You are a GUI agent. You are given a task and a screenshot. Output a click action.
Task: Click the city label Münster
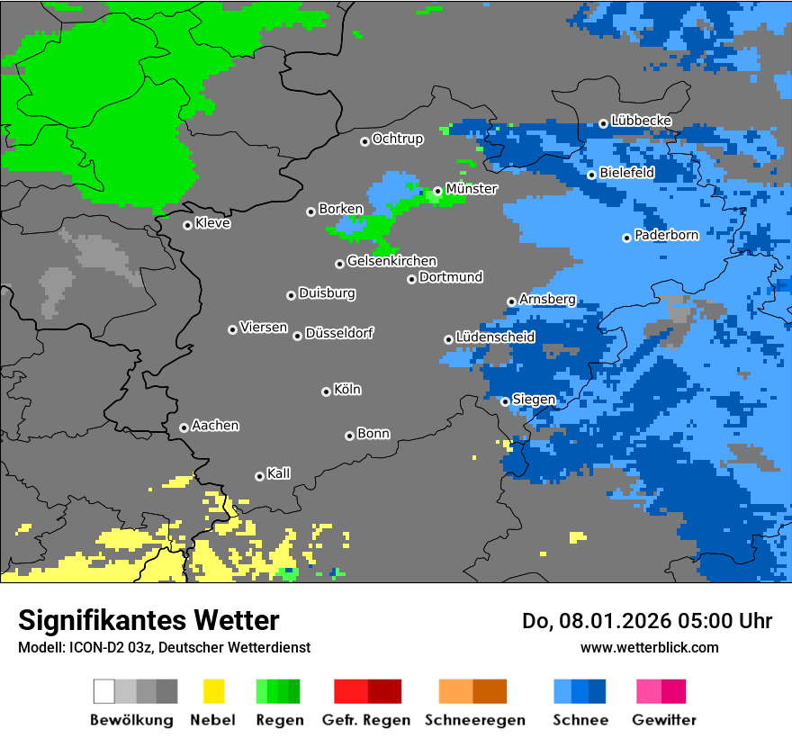(x=472, y=189)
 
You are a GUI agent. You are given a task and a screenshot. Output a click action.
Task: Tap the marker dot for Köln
(x=326, y=391)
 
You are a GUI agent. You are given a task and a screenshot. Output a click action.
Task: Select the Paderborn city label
(x=667, y=236)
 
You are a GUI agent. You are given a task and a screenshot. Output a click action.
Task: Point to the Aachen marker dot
(x=184, y=427)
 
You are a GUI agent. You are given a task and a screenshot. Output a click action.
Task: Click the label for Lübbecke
(x=642, y=121)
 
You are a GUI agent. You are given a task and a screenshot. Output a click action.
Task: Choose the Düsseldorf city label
(x=339, y=333)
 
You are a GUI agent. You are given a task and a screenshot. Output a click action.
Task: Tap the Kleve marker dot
(x=187, y=225)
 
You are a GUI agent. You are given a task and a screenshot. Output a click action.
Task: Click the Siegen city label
(x=534, y=400)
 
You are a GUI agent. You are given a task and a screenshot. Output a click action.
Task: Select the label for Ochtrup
(x=398, y=139)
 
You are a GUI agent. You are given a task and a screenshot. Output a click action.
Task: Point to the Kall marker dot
(x=259, y=476)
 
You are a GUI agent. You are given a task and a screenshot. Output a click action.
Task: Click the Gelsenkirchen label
(x=391, y=261)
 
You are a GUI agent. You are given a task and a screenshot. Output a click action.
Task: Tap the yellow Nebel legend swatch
(x=213, y=691)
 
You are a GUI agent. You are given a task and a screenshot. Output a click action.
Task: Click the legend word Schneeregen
(x=474, y=720)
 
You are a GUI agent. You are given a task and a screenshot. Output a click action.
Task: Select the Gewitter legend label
(x=663, y=720)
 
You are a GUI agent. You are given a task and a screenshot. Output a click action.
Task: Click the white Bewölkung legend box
(x=104, y=691)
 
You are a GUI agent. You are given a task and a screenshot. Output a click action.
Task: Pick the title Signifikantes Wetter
(x=148, y=620)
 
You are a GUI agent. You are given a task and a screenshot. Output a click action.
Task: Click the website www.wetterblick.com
(x=649, y=647)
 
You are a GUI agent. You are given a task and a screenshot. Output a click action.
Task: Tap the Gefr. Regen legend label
(x=366, y=720)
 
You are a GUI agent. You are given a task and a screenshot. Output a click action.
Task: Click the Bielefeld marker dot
(x=591, y=175)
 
